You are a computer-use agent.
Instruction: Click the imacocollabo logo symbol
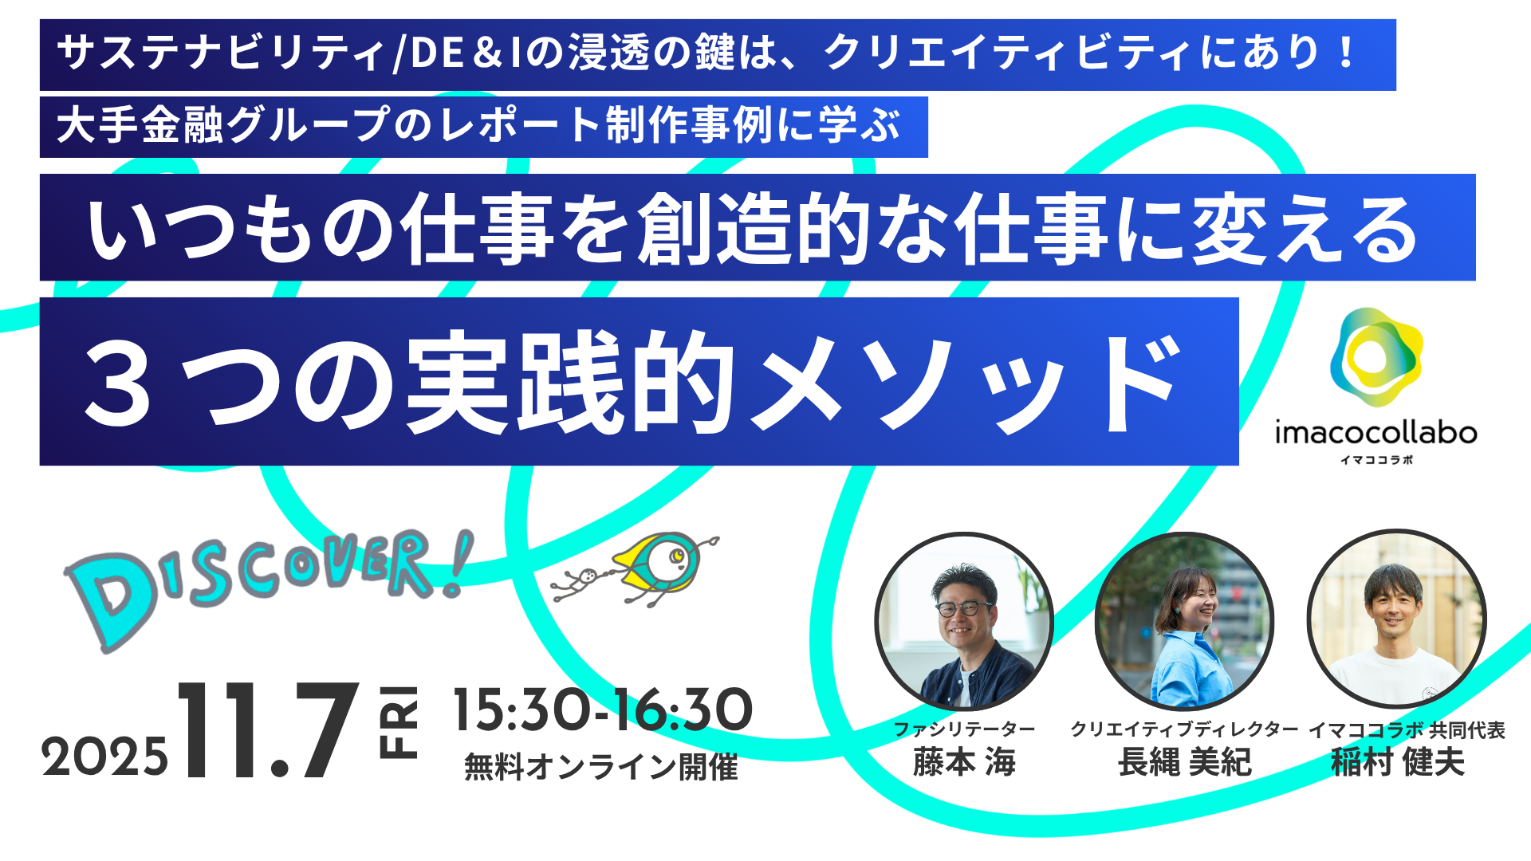(1376, 358)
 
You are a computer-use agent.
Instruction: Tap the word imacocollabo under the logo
(1376, 433)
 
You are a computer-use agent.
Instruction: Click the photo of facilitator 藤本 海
(964, 621)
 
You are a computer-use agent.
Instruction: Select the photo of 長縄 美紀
(1184, 620)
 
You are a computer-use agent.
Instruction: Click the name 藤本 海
(964, 763)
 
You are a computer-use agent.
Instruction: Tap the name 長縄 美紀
(1184, 763)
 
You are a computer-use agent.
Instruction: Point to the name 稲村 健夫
(1398, 763)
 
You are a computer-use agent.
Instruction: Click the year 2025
(105, 757)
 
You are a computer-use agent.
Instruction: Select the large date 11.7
(268, 730)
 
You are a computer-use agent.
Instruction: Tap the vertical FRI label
(398, 721)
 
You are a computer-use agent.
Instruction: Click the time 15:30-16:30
(603, 710)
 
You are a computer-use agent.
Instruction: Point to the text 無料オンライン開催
(601, 767)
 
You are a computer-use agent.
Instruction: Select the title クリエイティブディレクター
(1184, 729)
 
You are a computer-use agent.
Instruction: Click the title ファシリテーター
(964, 729)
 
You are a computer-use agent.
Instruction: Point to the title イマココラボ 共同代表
(1407, 729)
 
